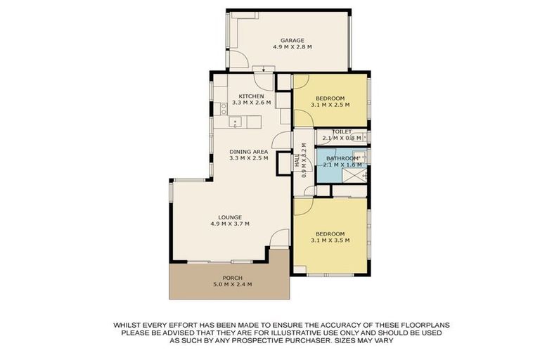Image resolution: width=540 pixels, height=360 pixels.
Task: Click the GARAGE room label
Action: click(x=292, y=40)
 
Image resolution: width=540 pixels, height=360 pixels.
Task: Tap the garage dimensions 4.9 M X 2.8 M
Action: click(x=292, y=47)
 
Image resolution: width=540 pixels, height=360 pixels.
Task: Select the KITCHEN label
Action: click(x=251, y=96)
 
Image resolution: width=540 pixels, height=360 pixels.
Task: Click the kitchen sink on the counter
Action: click(x=235, y=123)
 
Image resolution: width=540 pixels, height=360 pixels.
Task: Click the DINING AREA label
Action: click(x=250, y=151)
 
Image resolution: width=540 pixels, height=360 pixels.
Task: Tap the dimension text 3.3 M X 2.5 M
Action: click(x=250, y=158)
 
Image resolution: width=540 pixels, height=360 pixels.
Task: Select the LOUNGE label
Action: click(x=230, y=217)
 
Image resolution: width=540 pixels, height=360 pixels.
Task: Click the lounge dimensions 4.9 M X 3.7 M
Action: click(x=230, y=224)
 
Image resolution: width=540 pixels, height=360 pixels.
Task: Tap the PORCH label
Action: click(x=232, y=278)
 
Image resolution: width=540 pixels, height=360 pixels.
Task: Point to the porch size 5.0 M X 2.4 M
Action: click(x=232, y=285)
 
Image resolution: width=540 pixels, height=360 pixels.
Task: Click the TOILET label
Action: click(x=342, y=131)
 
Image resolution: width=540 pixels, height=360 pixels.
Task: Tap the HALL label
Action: click(x=298, y=162)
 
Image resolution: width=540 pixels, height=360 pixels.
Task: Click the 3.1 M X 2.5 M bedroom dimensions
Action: click(x=330, y=105)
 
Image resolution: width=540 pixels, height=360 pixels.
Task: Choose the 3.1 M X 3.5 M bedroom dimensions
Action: click(x=330, y=240)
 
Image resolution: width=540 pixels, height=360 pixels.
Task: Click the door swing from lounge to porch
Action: click(x=280, y=239)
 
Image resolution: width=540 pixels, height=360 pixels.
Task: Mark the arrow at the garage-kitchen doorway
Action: click(x=264, y=69)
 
